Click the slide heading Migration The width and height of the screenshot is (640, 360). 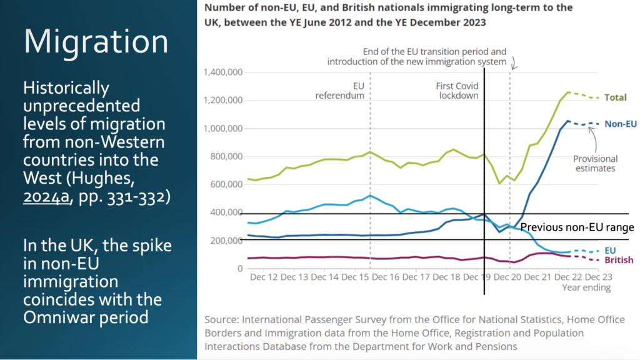coord(96,42)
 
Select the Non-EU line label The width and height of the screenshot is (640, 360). coord(620,124)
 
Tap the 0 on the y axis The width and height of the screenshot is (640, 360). coord(239,269)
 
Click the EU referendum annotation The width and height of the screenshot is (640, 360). coord(339,91)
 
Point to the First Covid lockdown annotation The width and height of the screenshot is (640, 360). coord(457,91)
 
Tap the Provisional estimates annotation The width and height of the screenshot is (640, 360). coord(596,164)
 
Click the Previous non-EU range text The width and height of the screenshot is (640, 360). coord(577,227)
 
